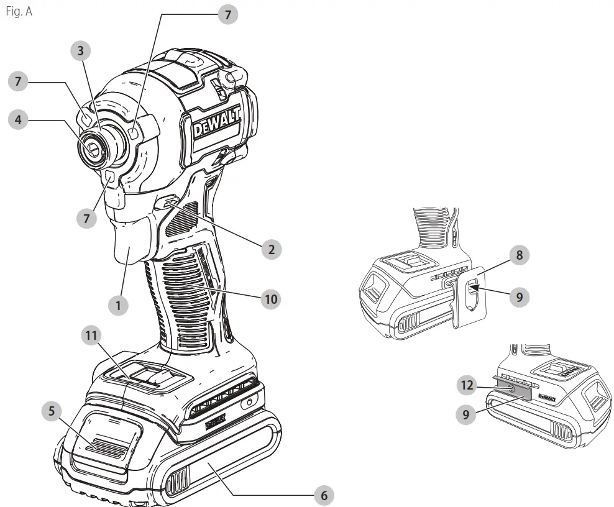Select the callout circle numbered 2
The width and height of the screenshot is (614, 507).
270,250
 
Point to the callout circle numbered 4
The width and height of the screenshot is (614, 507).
18,120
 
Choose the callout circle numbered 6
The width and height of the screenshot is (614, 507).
323,495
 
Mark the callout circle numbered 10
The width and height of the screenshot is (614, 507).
270,299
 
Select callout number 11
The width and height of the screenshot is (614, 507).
91,336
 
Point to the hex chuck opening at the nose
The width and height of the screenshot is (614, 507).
92,146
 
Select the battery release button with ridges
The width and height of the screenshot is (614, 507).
106,446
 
